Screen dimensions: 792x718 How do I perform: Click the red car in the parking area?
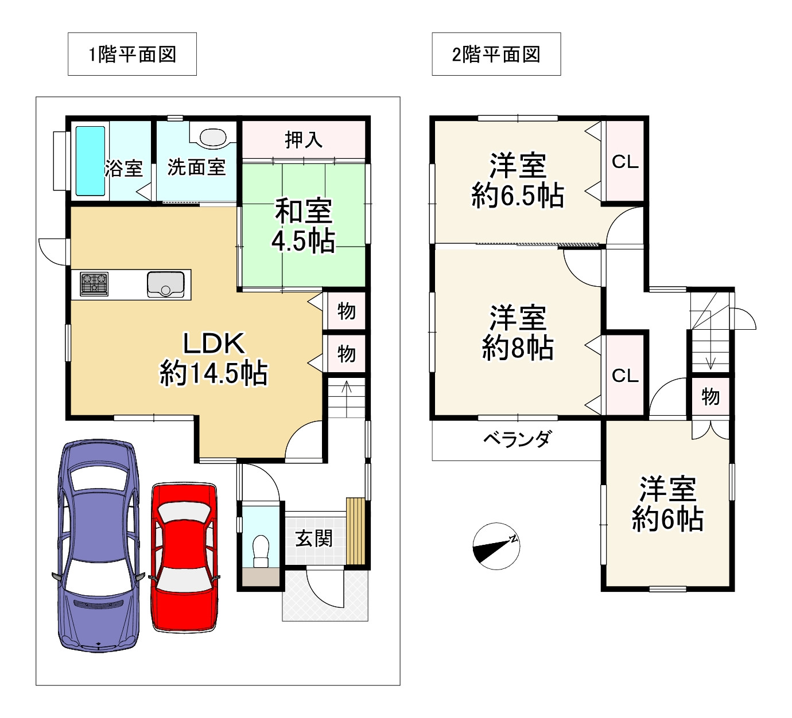(184, 557)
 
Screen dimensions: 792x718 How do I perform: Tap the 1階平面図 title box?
(132, 54)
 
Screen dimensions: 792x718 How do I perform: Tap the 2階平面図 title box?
(496, 54)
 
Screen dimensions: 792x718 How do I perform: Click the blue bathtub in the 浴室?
(91, 161)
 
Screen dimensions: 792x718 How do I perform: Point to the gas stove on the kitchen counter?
(94, 284)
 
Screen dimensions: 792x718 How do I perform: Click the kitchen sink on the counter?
(166, 284)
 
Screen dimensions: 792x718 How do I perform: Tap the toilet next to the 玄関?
(261, 551)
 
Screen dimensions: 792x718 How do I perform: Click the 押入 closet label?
(304, 140)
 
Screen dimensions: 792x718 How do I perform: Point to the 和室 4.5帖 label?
(304, 226)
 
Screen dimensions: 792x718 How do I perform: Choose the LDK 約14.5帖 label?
(213, 358)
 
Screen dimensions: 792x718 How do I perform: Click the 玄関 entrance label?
(315, 538)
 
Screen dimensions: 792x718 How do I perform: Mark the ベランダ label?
(517, 439)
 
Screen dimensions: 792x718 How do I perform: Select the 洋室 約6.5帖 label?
(518, 180)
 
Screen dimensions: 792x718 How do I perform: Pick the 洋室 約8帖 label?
(518, 333)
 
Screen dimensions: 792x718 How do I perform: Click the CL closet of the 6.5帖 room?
(626, 161)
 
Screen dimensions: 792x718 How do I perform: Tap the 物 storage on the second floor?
(711, 396)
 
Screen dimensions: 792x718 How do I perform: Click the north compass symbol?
(496, 547)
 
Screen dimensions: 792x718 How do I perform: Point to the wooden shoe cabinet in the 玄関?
(355, 532)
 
